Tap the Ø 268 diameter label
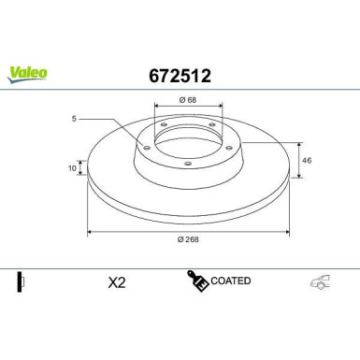coord(190,238)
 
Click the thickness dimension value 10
coord(72,168)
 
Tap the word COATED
coord(230,281)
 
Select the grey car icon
coord(319,282)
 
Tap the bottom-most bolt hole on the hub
coord(188,164)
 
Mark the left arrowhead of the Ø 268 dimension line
coord(90,230)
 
